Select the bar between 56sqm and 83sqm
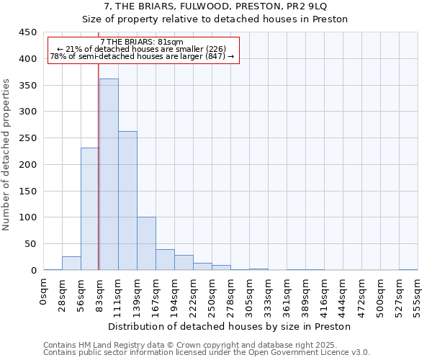tap(90, 209)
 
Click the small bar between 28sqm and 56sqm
tap(71, 264)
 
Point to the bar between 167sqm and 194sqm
tap(165, 260)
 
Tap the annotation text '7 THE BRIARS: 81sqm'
tap(142, 42)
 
